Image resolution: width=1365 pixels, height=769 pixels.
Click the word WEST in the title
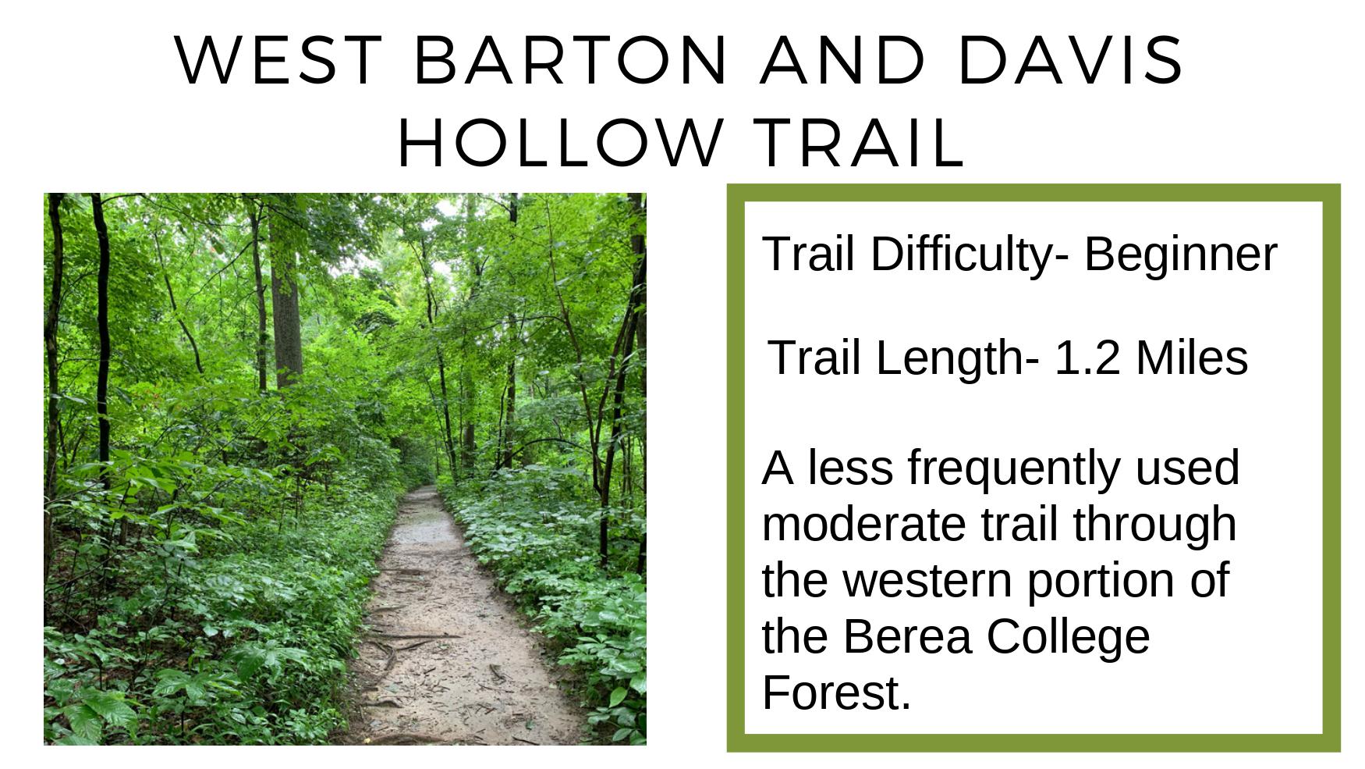(279, 60)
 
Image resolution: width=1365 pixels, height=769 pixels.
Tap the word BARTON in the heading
(571, 60)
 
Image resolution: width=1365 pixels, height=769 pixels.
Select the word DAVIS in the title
(1071, 60)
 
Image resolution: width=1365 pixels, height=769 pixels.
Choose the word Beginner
(1180, 255)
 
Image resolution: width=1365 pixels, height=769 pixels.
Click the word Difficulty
(962, 255)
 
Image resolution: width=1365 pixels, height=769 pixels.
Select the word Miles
(1192, 358)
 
